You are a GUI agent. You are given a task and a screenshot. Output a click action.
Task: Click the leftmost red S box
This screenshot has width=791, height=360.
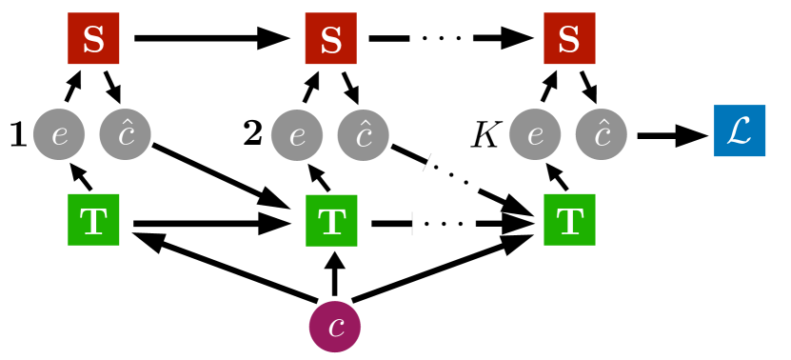point(93,38)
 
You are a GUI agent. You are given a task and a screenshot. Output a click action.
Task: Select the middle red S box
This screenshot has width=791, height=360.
point(330,38)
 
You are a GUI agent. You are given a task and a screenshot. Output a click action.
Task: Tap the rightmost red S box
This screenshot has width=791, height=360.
point(569,38)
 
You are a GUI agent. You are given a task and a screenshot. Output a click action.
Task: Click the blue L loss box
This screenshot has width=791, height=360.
point(739,133)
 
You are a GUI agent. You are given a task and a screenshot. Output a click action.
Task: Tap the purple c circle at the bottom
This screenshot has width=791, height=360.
point(335,325)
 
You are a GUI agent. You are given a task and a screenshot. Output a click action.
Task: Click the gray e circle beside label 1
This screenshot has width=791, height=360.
point(60,134)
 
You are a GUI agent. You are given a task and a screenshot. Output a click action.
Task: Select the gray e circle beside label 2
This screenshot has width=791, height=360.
point(298,134)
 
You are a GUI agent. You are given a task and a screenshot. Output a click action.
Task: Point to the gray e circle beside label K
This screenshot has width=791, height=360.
point(536,134)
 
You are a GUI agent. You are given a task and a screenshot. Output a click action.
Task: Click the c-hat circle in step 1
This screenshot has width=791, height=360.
point(126,134)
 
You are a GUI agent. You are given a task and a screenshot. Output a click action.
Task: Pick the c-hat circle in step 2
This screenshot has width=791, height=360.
point(364,134)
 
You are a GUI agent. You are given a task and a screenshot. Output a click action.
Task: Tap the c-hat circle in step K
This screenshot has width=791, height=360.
point(602,134)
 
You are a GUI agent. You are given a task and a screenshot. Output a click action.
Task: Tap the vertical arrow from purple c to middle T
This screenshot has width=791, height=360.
point(333,275)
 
